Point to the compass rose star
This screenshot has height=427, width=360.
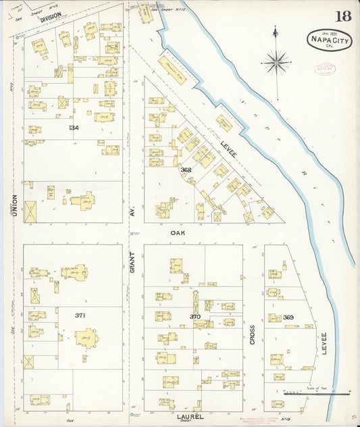pos(276,64)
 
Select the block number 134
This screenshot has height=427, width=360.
pos(73,127)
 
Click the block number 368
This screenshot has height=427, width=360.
pos(186,170)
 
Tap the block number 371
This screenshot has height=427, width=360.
pos(80,315)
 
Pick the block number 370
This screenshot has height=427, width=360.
pos(195,316)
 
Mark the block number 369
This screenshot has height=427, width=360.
pos(288,317)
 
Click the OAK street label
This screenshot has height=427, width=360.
pos(177,232)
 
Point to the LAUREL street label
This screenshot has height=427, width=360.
pos(190,417)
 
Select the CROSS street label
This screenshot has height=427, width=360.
pos(253,335)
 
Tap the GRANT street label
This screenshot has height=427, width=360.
pos(132,266)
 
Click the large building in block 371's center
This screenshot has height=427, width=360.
pos(86,336)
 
